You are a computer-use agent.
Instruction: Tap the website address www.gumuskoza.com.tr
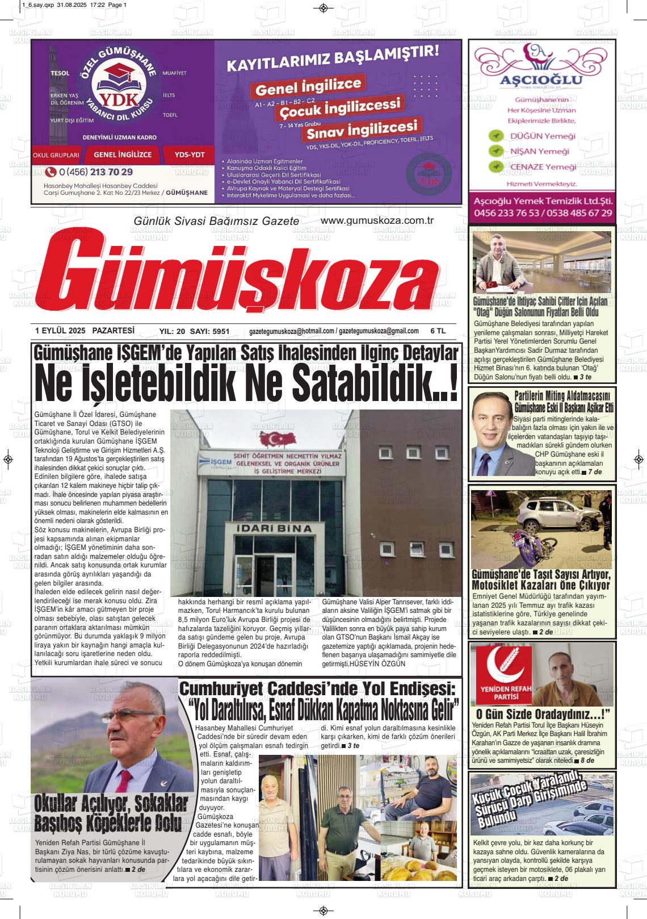click(377, 220)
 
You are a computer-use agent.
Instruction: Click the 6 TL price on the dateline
click(438, 331)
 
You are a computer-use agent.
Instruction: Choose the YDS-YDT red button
click(186, 154)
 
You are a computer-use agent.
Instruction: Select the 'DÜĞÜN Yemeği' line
click(542, 136)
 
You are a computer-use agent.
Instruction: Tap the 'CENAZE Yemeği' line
click(543, 167)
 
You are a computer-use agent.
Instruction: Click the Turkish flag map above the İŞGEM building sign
click(282, 438)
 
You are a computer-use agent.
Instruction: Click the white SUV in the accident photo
click(554, 516)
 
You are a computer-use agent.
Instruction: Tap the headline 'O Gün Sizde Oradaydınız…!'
click(542, 714)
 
